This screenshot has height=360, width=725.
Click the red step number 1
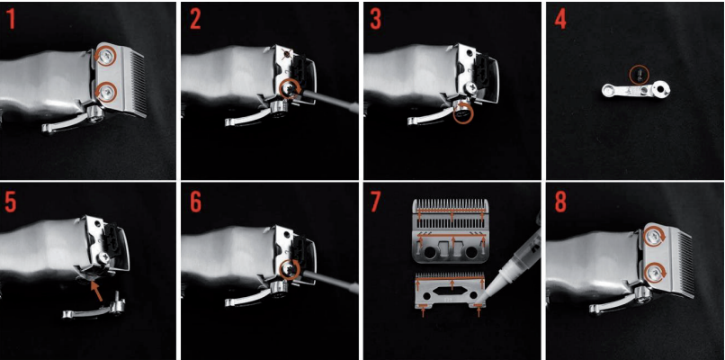click(x=11, y=20)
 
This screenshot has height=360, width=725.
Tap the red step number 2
click(x=195, y=20)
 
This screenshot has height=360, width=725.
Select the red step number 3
click(x=375, y=20)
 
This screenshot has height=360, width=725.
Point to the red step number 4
click(x=559, y=20)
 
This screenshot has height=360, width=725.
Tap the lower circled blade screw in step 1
click(x=106, y=93)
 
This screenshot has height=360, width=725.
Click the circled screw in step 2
click(x=291, y=88)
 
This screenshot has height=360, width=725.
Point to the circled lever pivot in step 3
click(x=463, y=112)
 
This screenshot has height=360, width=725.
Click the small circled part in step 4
click(x=640, y=74)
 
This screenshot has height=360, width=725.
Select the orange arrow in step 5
click(x=96, y=291)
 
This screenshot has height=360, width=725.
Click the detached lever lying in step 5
click(x=94, y=308)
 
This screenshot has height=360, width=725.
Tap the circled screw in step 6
click(x=291, y=269)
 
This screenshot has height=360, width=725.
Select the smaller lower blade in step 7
click(x=450, y=291)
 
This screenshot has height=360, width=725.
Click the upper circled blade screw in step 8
click(x=655, y=238)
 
